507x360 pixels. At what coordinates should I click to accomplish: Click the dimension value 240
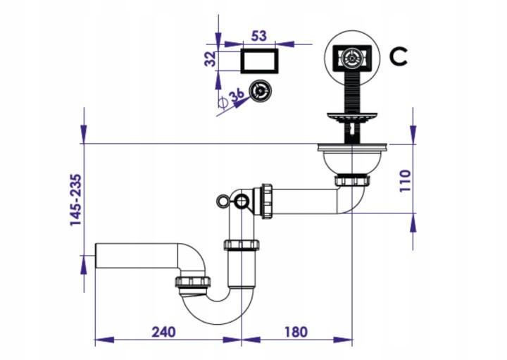163,332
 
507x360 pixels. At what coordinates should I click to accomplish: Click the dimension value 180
296,332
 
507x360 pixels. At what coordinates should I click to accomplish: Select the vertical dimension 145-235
76,200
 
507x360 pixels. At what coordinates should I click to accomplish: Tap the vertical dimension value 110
405,181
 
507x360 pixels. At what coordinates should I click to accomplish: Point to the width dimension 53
259,36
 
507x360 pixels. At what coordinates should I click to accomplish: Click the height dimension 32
211,58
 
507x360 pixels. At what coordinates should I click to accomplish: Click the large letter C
398,56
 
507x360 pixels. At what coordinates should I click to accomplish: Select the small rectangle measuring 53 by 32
259,61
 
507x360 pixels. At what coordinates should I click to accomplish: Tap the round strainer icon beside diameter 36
261,91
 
